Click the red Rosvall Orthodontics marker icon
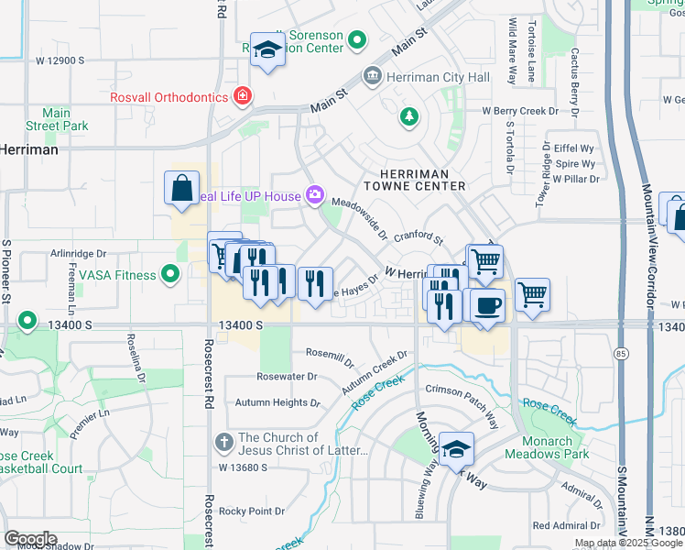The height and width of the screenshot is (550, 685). tap(243, 95)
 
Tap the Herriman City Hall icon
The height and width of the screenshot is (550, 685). tap(373, 75)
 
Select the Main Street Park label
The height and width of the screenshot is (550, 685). tap(56, 119)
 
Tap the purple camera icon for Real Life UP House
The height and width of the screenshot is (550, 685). tap(315, 194)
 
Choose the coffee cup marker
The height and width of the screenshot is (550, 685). tap(488, 305)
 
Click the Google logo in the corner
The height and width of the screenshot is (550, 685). tap(30, 539)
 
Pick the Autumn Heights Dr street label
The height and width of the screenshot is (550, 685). tap(277, 402)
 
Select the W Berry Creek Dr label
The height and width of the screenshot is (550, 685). tap(520, 111)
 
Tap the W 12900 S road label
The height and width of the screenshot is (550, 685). tap(60, 60)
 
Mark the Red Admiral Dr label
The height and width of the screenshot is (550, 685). tap(566, 525)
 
